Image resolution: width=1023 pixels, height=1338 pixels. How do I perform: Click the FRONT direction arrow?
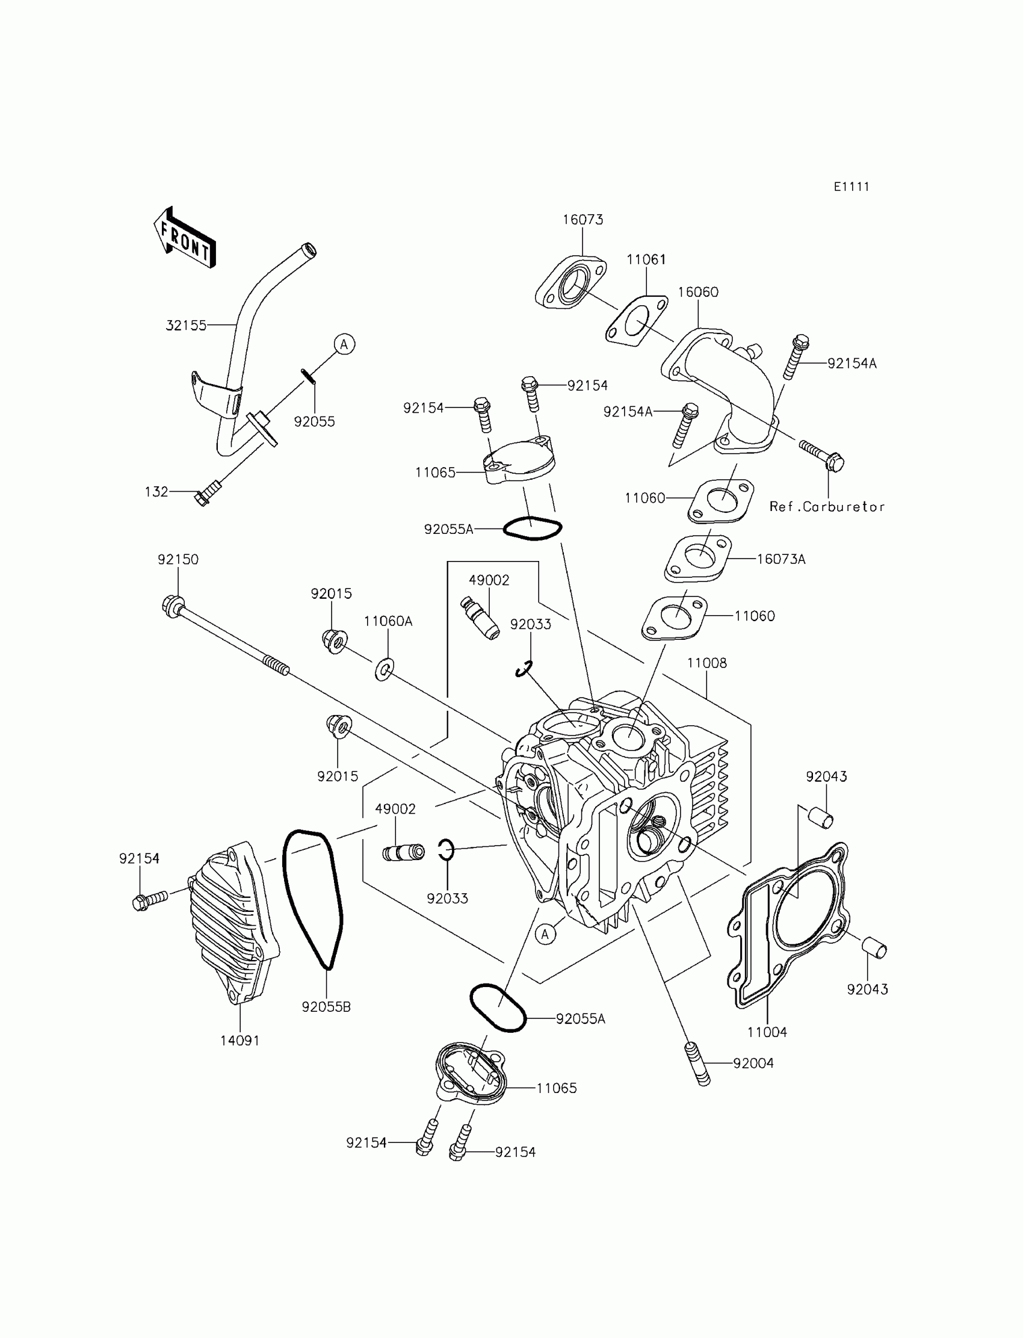coord(184,238)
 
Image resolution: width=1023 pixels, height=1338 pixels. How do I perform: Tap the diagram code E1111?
coord(851,187)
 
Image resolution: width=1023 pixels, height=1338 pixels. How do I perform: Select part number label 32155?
coord(186,326)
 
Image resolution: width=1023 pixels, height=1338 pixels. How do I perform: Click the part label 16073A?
coord(780,559)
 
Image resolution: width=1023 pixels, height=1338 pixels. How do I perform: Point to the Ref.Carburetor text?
coord(827,507)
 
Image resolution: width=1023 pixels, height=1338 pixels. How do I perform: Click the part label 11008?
coord(706,663)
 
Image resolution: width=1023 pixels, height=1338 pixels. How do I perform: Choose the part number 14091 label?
coord(240,1040)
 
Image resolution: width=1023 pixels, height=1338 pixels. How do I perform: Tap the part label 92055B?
coord(326,1007)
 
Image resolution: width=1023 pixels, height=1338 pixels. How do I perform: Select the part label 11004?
coord(767,1032)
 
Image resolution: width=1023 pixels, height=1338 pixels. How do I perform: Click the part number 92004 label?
coord(753,1064)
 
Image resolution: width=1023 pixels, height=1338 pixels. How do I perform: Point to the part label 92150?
coord(178,559)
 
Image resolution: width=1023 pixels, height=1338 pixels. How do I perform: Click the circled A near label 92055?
coord(344,344)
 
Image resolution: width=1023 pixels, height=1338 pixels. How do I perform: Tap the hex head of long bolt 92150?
coord(171,606)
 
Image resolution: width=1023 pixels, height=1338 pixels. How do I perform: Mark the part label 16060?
coord(698,292)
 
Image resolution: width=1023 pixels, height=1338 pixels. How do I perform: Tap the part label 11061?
coord(646,259)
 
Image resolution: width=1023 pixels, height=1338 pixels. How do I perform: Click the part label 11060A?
coord(388,621)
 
